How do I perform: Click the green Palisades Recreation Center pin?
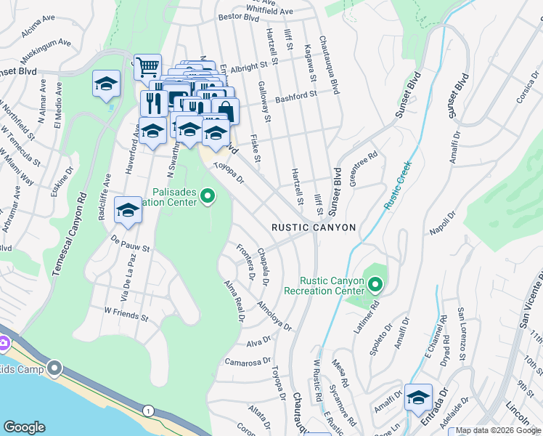tap(208, 195)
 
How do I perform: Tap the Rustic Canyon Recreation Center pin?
tap(375, 283)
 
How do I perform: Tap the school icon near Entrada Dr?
tap(418, 397)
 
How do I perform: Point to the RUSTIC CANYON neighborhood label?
tap(314, 227)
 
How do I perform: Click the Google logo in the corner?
tap(25, 427)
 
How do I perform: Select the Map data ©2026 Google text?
tap(498, 431)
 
